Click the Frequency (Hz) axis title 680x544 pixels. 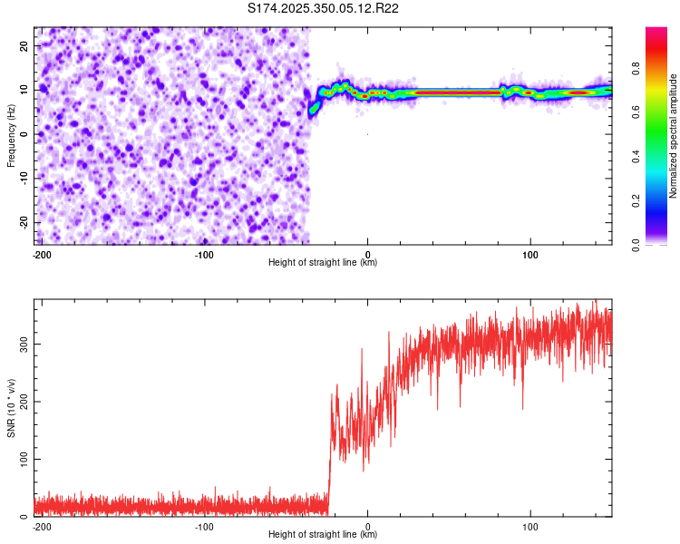click(11, 135)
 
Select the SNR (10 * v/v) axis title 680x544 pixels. click(11, 409)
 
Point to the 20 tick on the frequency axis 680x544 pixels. click(24, 45)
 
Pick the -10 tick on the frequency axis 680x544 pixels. click(23, 179)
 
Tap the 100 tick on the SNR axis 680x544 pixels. click(22, 459)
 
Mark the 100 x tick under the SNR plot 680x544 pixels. click(530, 526)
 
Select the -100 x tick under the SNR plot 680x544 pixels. click(204, 526)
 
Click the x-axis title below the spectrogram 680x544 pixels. click(323, 263)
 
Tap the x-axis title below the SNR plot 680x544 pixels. click(323, 535)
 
